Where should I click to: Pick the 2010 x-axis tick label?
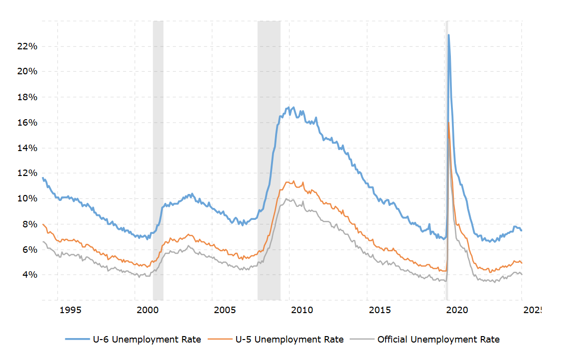pos(302,310)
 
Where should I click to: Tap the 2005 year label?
pos(225,310)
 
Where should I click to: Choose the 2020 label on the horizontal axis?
pos(457,310)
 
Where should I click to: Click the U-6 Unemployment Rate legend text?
pos(147,340)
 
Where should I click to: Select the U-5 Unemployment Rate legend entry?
pos(289,340)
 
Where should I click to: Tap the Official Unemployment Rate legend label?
pos(438,340)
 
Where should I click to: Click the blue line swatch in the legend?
pos(77,340)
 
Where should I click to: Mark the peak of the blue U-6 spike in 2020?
pos(448,35)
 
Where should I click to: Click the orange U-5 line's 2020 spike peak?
pos(449,123)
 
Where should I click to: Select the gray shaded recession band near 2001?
pos(158,160)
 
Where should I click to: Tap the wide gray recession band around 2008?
pos(269,160)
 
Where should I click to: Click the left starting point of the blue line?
pos(42,178)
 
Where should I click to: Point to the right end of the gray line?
pos(522,274)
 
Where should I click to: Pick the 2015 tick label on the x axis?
pos(380,310)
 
